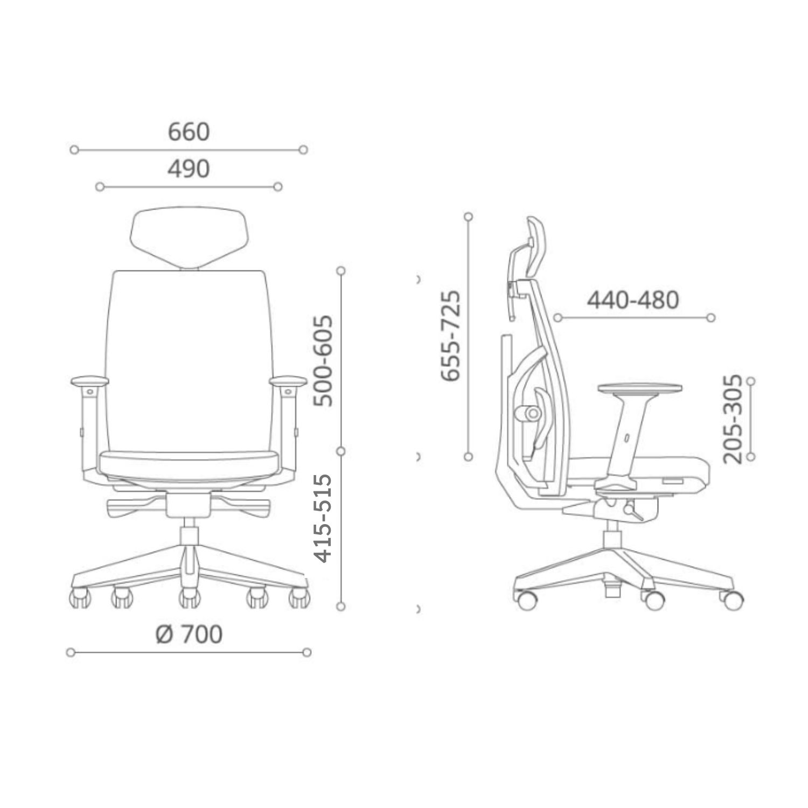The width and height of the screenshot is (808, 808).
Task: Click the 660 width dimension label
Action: click(x=189, y=132)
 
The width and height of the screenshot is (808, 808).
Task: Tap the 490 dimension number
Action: click(x=189, y=169)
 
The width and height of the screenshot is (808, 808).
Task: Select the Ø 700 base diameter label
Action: click(x=189, y=635)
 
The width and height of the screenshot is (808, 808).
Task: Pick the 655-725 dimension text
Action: click(x=450, y=336)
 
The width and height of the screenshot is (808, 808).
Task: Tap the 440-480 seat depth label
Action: click(x=633, y=299)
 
